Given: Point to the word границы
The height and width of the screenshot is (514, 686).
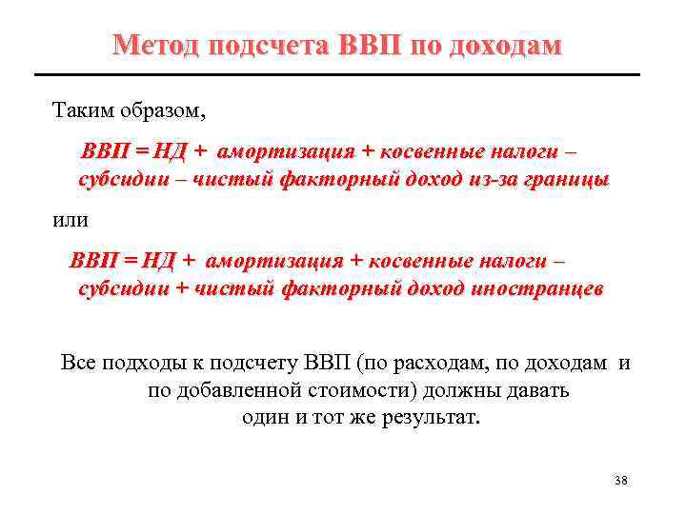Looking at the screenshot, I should point(564,179).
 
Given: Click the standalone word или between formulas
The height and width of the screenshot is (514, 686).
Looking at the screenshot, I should point(70,220).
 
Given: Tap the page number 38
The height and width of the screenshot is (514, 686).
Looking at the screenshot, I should point(621,480).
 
